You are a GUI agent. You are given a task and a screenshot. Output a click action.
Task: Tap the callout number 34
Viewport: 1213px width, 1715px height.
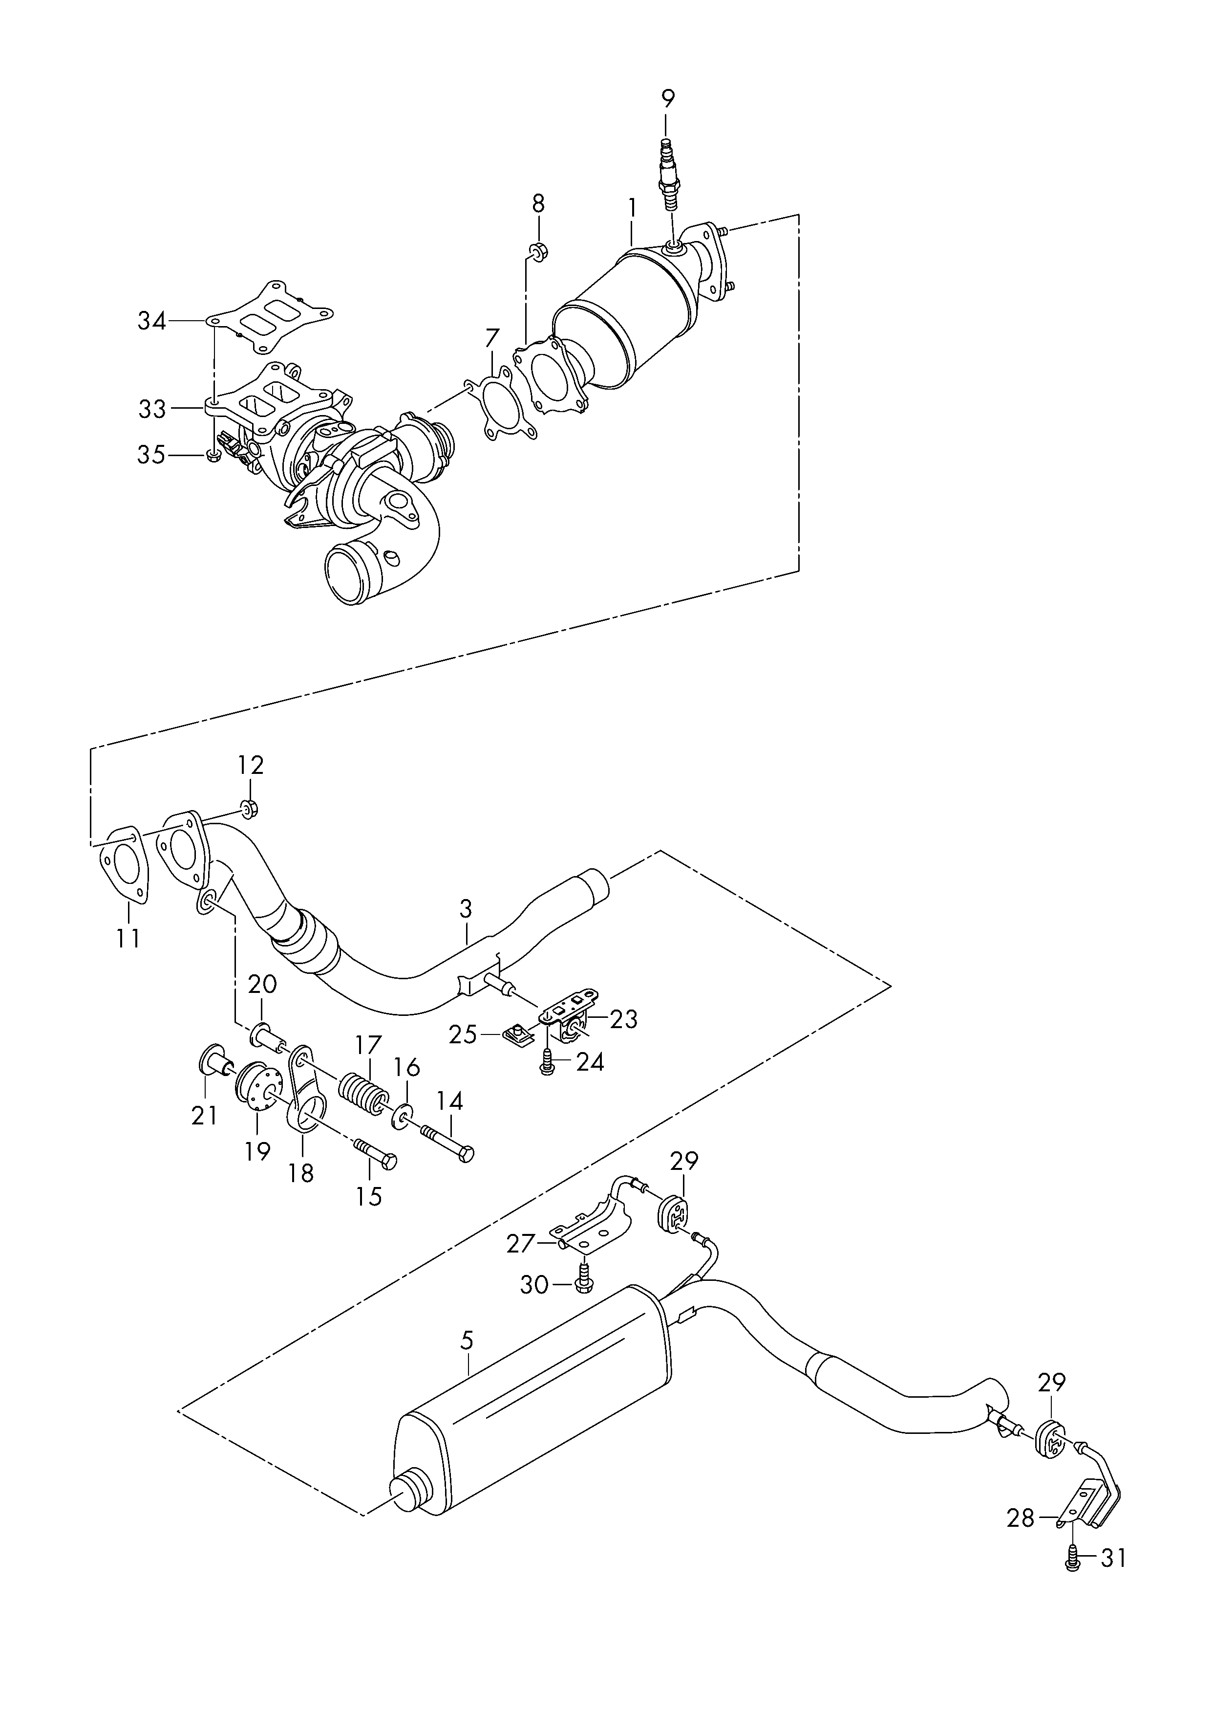[x=152, y=321]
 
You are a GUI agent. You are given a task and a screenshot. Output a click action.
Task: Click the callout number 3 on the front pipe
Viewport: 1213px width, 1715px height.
[x=466, y=909]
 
